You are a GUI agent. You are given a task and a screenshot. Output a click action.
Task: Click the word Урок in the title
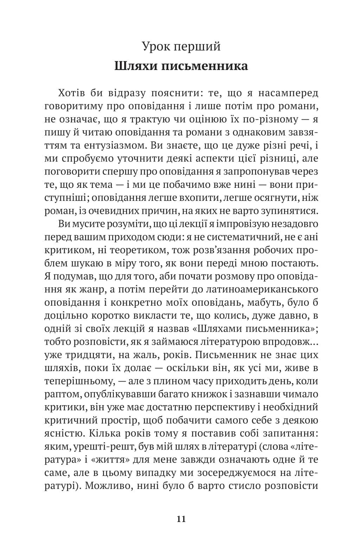click(157, 46)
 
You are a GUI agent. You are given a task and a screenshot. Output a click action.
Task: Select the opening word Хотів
click(70, 93)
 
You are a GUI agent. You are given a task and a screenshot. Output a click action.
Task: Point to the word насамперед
click(288, 93)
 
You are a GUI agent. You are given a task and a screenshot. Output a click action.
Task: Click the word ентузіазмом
click(113, 145)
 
